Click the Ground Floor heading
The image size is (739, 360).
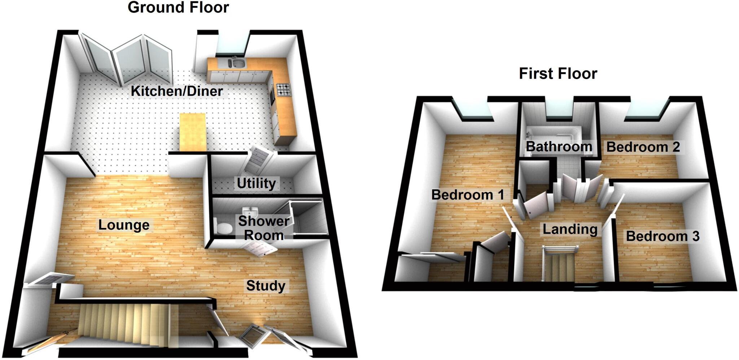click(178, 8)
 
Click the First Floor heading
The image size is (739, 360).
click(558, 74)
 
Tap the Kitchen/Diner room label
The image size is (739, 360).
click(177, 91)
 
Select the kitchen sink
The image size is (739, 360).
click(238, 64)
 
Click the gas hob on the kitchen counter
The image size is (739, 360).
click(283, 90)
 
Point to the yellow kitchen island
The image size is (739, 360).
click(193, 132)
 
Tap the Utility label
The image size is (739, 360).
click(256, 183)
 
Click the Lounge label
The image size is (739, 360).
click(124, 225)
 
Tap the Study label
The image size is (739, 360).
click(266, 286)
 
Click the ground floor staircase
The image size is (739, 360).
click(126, 323)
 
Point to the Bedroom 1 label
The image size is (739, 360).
click(467, 195)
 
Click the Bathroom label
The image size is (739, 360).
click(559, 147)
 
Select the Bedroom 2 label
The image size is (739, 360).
click(643, 147)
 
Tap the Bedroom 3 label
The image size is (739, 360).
click(663, 236)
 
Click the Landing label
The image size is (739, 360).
click(570, 229)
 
